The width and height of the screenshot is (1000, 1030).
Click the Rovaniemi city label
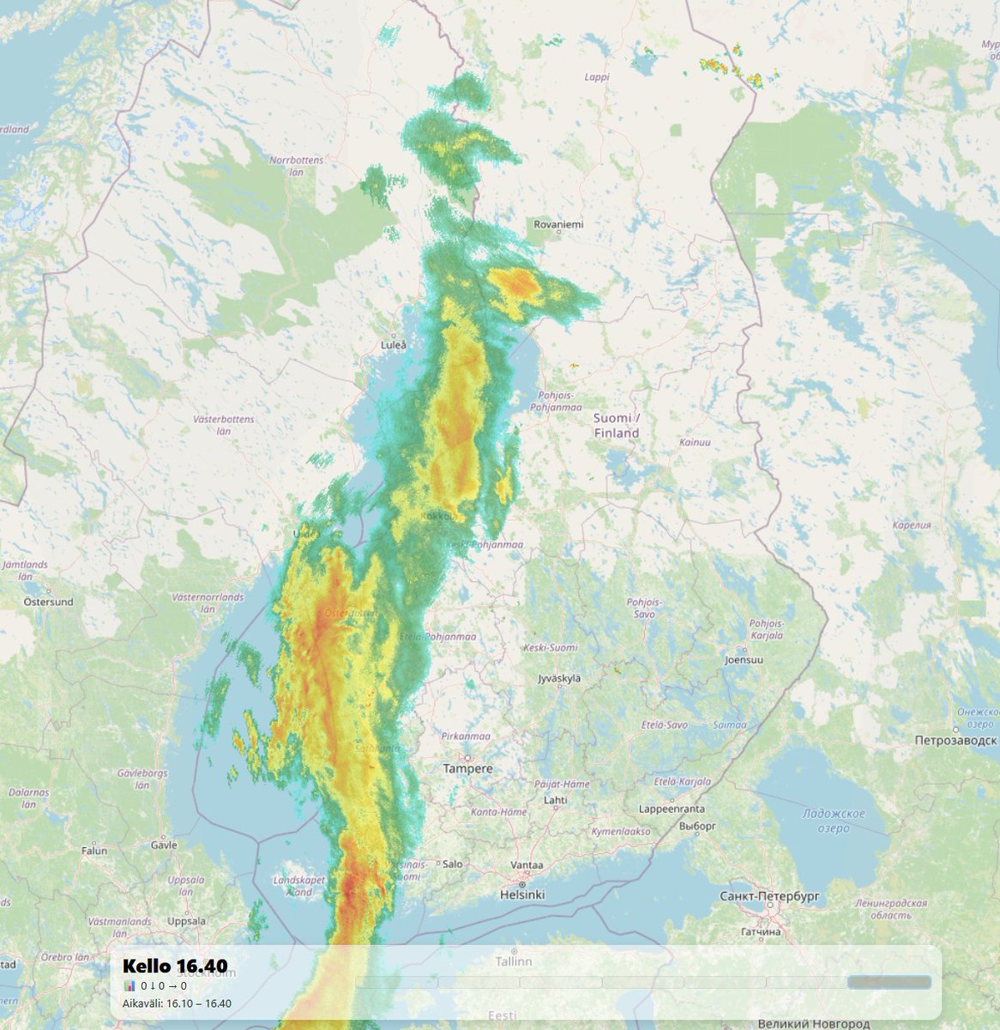[558, 224]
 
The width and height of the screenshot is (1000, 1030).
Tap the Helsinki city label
[522, 894]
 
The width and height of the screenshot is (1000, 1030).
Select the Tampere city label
[467, 768]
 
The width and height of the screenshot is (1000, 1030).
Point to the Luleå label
[393, 345]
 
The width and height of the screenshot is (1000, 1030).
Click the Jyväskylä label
[558, 678]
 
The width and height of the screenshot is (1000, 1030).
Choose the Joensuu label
[744, 660]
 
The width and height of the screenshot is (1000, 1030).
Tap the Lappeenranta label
[672, 809]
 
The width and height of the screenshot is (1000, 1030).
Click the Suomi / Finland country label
[617, 426]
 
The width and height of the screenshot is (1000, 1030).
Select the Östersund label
[49, 602]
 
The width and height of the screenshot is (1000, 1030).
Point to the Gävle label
[163, 845]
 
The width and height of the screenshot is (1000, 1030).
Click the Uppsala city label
[187, 921]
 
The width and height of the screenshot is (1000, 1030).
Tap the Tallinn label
[513, 961]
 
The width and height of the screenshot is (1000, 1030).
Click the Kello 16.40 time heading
[175, 966]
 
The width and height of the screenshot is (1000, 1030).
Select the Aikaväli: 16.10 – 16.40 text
[177, 1003]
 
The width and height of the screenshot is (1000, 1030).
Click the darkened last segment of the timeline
[889, 982]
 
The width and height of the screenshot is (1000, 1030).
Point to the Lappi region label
[596, 76]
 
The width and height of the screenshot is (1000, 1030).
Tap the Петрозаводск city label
[955, 740]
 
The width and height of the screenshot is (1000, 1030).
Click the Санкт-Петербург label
[770, 896]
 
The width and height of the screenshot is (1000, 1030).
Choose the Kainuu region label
[695, 442]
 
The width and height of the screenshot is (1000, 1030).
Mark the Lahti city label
[555, 800]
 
